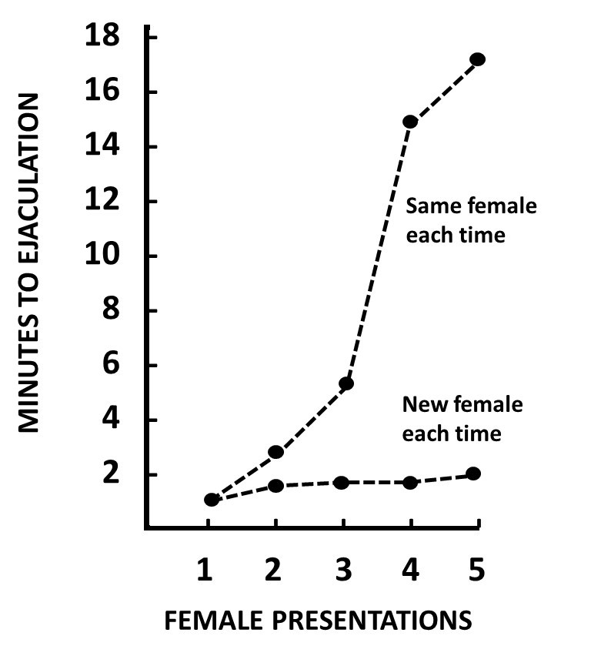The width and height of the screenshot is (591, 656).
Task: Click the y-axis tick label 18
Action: tap(110, 37)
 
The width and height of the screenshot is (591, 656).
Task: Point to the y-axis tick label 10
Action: tap(110, 256)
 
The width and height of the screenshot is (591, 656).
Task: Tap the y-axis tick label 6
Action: tap(119, 366)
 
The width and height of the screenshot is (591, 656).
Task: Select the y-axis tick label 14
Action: tap(110, 147)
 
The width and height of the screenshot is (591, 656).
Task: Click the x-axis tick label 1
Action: tap(205, 571)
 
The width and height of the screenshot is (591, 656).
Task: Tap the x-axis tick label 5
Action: tap(477, 571)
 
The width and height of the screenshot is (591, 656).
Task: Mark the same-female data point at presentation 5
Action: tap(477, 59)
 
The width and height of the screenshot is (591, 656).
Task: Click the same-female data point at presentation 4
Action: tap(410, 122)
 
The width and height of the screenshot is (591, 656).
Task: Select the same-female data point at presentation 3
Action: tap(346, 383)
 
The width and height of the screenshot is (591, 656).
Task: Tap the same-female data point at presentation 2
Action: tap(275, 452)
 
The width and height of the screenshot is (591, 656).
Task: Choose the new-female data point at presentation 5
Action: tap(474, 474)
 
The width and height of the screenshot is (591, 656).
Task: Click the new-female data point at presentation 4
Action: tap(410, 483)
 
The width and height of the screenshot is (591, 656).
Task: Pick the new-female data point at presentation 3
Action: tap(342, 483)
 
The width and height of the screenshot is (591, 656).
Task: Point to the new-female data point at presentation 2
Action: tap(275, 486)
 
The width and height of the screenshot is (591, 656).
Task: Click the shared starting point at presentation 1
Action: tap(212, 500)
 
